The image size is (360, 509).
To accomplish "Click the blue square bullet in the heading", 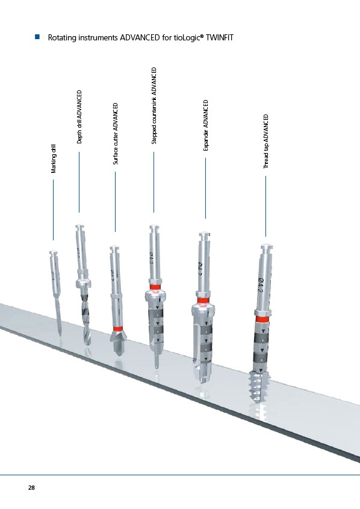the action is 37,37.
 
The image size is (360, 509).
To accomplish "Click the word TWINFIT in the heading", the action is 220,38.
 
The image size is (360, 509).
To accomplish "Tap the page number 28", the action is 31,487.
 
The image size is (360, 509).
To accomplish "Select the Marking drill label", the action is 54,159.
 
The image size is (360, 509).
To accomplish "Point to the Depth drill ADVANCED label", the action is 79,117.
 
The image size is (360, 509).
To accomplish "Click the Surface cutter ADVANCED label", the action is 116,134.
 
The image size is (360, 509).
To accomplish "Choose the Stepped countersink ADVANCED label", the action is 154,105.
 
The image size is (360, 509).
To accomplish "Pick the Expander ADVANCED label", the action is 206,125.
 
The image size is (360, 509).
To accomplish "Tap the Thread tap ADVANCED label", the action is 266,141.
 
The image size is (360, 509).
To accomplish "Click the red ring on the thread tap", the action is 262,319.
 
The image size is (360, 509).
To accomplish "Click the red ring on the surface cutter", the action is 117,328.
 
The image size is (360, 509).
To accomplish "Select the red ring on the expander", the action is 202,301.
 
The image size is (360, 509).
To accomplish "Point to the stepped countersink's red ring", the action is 155,287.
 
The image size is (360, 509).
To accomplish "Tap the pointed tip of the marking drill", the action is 60,334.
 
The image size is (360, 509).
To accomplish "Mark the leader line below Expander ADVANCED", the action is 206,189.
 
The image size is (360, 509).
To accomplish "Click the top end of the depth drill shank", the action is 80,226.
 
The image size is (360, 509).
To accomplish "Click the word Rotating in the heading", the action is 62,38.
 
